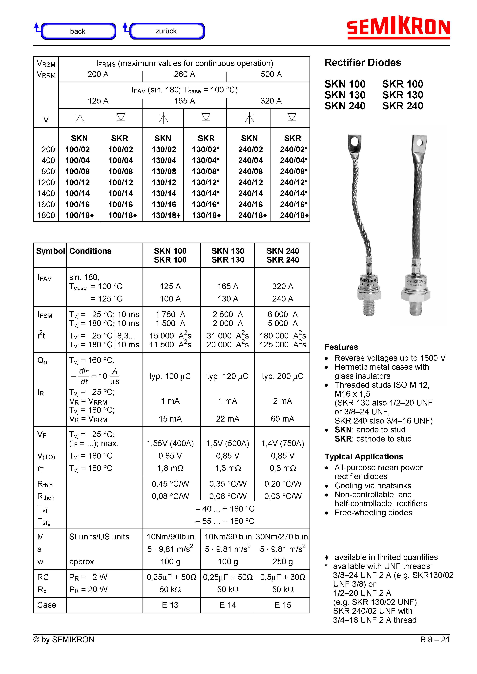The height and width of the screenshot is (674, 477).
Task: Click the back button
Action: [78, 31]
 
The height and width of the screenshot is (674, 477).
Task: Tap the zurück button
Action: [166, 31]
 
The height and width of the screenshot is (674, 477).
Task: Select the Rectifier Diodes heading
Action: [363, 63]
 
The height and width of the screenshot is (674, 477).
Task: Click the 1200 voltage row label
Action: [46, 182]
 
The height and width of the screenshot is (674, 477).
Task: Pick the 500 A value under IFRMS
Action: [271, 74]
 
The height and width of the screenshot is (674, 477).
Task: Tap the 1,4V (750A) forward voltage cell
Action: [282, 443]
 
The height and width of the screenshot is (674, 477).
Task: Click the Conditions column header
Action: [90, 251]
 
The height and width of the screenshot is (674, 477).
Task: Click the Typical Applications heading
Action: [364, 457]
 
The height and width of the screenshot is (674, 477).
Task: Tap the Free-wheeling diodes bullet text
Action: [373, 513]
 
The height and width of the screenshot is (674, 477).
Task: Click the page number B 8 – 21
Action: [435, 639]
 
